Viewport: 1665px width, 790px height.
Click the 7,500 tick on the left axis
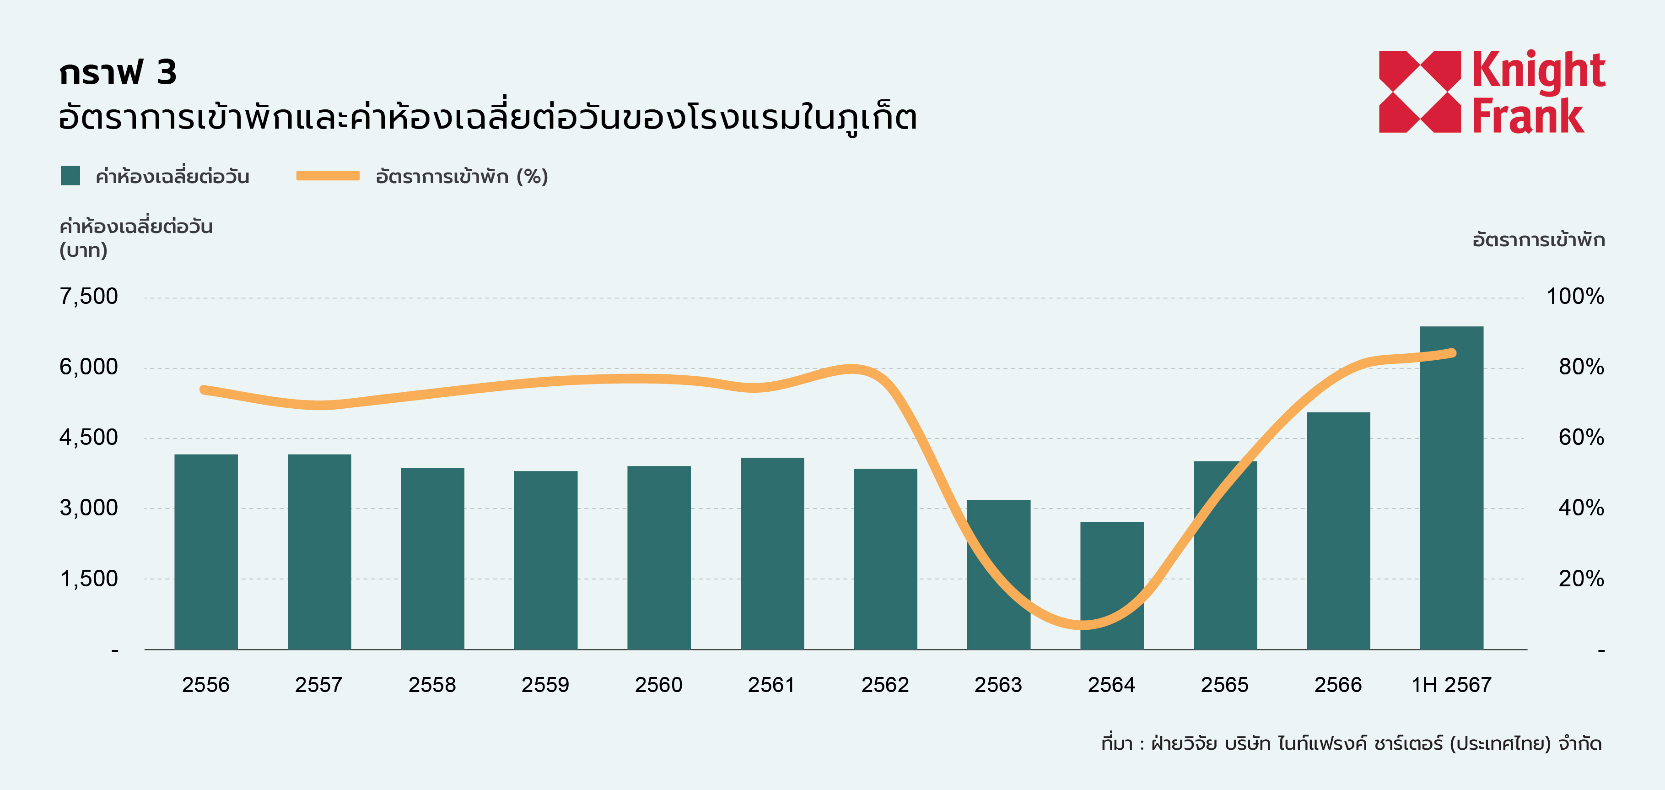click(89, 297)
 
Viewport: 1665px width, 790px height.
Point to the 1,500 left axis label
click(89, 579)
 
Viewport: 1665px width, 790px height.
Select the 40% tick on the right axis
click(1581, 508)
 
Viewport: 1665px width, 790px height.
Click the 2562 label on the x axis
click(885, 685)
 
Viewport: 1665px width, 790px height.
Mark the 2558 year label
click(432, 685)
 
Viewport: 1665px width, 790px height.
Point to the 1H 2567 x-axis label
click(1451, 685)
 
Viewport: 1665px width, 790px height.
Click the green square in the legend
click(70, 176)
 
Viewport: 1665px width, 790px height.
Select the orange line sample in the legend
click(328, 176)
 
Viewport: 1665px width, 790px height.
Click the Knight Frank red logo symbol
click(1419, 92)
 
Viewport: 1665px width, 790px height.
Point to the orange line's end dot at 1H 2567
click(1452, 353)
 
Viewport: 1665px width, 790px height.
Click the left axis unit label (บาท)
click(83, 250)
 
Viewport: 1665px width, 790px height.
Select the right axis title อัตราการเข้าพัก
click(1538, 240)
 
